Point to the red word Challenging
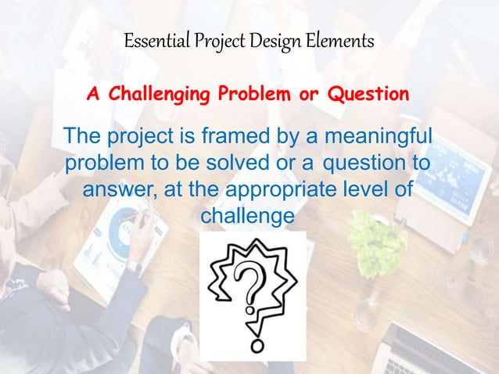coord(159,95)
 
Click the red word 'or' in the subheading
coord(307,95)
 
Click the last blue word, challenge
coord(249,214)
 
